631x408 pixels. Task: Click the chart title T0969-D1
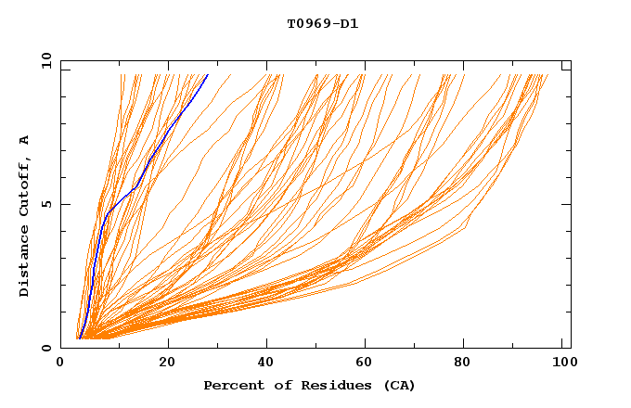coord(322,23)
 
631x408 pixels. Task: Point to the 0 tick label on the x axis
coord(60,363)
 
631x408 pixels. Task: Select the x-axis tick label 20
coord(167,363)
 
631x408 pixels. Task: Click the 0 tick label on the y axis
coord(45,348)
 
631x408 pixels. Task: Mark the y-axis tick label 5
coord(45,204)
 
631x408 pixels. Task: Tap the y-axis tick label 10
coord(45,60)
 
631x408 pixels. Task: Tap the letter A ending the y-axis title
coord(25,140)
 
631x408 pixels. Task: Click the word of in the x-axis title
coord(275,385)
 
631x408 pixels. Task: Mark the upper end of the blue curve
coord(208,74)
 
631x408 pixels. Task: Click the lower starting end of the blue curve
coord(80,338)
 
